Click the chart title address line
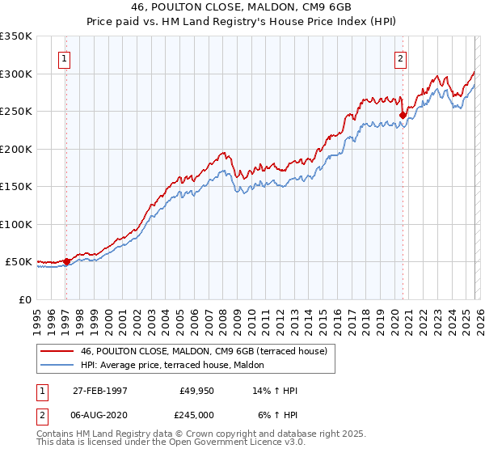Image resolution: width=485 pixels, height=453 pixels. tap(242, 6)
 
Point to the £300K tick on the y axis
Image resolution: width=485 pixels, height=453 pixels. tap(16, 74)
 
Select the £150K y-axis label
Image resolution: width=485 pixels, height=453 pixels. tap(16, 186)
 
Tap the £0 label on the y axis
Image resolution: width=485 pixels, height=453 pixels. tap(25, 299)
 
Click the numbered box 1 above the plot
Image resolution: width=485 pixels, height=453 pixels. tap(64, 57)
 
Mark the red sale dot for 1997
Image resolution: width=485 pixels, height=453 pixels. tap(67, 261)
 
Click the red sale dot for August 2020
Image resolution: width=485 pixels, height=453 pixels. tap(402, 115)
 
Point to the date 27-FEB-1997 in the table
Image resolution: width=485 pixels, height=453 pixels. tap(99, 391)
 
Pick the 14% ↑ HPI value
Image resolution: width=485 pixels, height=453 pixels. tap(276, 391)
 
